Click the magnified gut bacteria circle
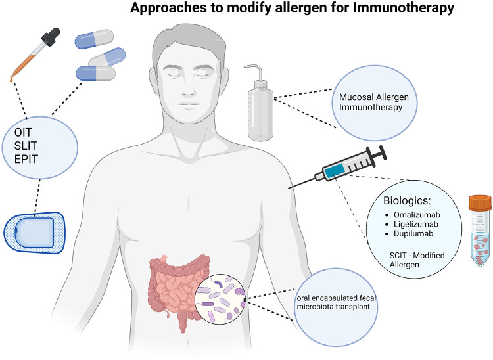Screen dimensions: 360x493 220,300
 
